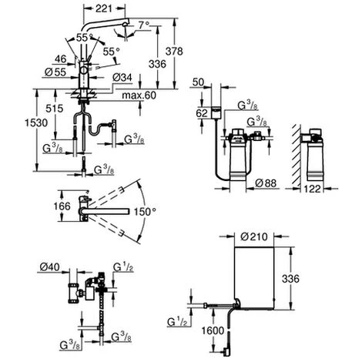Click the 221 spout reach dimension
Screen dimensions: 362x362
104,8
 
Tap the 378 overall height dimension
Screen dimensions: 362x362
174,52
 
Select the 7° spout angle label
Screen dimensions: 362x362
144,25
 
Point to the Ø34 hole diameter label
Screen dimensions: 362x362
122,77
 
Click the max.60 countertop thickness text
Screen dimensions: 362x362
139,96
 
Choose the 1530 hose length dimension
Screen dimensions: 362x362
36,123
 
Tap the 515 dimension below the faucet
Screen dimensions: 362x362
55,109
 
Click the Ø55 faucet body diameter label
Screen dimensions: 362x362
55,72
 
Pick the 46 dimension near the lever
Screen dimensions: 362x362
60,59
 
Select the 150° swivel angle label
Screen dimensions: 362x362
145,212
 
